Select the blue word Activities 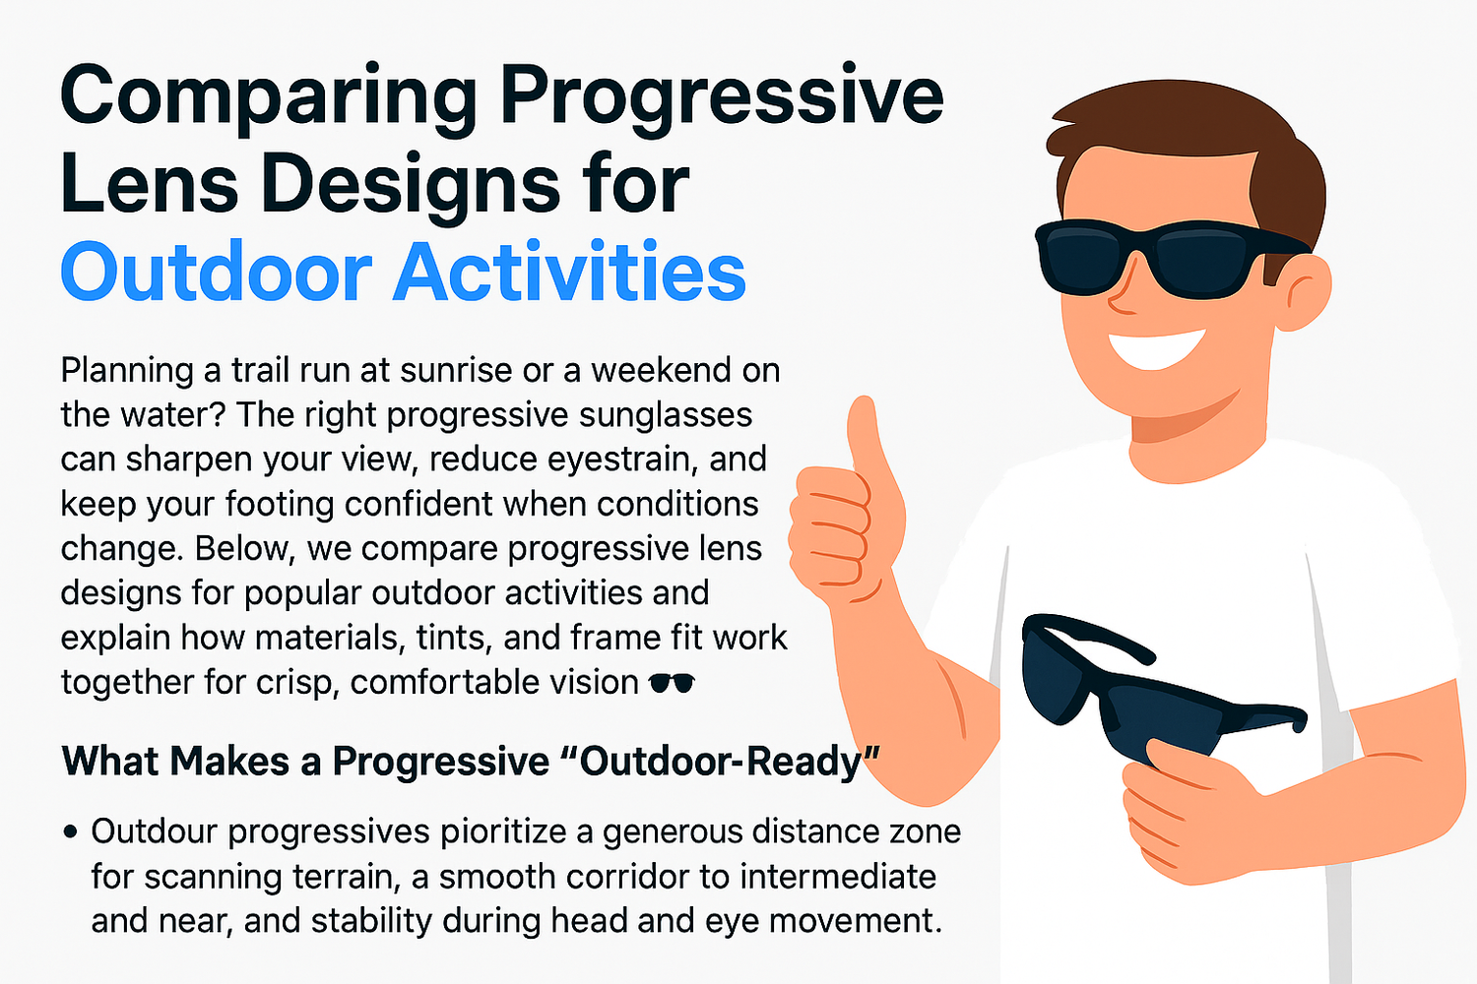570,273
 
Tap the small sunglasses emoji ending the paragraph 673,683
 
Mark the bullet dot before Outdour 70,832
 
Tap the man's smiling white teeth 1157,347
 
